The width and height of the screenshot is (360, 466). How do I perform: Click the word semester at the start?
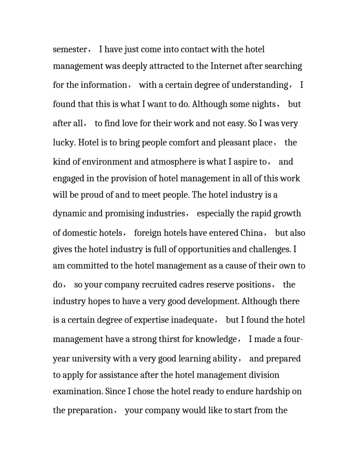click(x=70, y=50)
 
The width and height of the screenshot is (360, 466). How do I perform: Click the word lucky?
click(x=64, y=143)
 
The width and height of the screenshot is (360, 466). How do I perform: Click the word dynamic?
click(x=69, y=213)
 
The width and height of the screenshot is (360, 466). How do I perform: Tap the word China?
click(x=252, y=233)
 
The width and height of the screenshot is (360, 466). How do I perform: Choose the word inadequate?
click(x=192, y=320)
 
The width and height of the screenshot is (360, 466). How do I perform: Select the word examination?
click(x=77, y=391)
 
